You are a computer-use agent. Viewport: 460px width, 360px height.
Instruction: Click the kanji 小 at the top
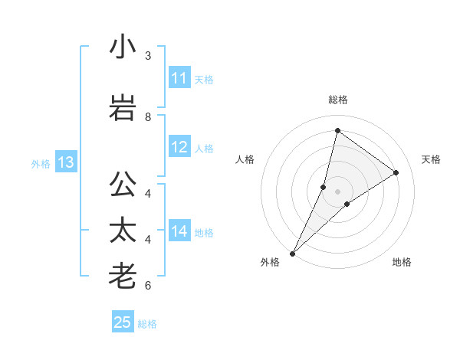pos(123,47)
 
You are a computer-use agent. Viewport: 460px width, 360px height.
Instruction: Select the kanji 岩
pos(123,108)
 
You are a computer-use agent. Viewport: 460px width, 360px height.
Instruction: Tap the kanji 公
pos(123,185)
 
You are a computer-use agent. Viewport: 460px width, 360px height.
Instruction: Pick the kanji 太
pos(123,231)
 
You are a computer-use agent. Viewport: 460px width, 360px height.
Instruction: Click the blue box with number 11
pos(179,78)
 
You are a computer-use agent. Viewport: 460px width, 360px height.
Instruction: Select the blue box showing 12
pos(179,147)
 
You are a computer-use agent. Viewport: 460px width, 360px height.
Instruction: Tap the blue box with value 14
pos(179,231)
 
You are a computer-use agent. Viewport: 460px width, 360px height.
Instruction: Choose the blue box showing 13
pos(65,162)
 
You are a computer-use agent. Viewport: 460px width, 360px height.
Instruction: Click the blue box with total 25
pos(123,322)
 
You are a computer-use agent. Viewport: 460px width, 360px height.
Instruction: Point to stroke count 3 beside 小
pos(148,56)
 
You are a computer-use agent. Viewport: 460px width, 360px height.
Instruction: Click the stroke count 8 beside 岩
pos(148,117)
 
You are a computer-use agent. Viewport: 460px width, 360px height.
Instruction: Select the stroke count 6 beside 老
pos(148,286)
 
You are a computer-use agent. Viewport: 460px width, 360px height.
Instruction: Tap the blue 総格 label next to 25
pos(147,324)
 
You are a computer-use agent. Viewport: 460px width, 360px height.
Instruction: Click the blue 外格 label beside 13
pos(41,163)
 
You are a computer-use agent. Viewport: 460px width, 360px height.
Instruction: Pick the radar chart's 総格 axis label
pos(338,100)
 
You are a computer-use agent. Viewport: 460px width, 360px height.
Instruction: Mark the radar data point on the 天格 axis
pos(396,173)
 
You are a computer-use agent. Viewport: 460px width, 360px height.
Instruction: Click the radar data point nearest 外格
pos(293,253)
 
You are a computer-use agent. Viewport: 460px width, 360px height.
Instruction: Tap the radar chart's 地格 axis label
pos(402,263)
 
